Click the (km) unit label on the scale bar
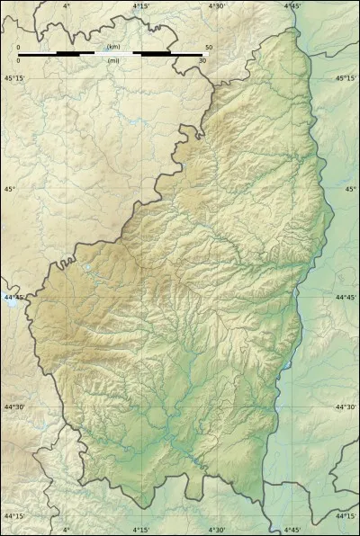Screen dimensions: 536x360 (x=113, y=47)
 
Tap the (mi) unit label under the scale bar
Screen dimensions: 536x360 (x=113, y=61)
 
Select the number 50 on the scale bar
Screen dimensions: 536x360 (x=209, y=47)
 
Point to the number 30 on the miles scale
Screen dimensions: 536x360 (x=203, y=61)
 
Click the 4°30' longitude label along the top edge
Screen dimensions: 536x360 (x=217, y=6)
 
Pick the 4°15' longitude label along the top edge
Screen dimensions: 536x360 (x=141, y=6)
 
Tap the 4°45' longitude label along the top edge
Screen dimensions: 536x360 (x=292, y=6)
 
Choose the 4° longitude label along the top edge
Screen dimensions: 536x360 (x=67, y=6)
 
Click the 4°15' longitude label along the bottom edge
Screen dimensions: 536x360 (x=141, y=530)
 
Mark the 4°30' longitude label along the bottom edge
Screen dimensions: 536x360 (x=217, y=530)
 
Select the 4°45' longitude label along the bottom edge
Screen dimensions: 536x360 (x=292, y=530)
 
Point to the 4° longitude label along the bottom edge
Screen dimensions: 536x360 (x=67, y=530)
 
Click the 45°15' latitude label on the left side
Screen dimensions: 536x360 (x=14, y=79)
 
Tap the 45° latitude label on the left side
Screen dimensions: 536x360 (x=11, y=189)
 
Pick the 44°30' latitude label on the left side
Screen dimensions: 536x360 (x=14, y=407)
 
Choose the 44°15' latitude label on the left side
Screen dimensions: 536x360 (x=14, y=516)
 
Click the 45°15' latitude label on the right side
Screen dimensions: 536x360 (x=346, y=79)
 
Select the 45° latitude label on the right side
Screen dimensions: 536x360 (x=350, y=189)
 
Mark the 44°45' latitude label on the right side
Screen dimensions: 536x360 (x=346, y=298)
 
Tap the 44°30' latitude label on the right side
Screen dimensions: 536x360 (x=346, y=407)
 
